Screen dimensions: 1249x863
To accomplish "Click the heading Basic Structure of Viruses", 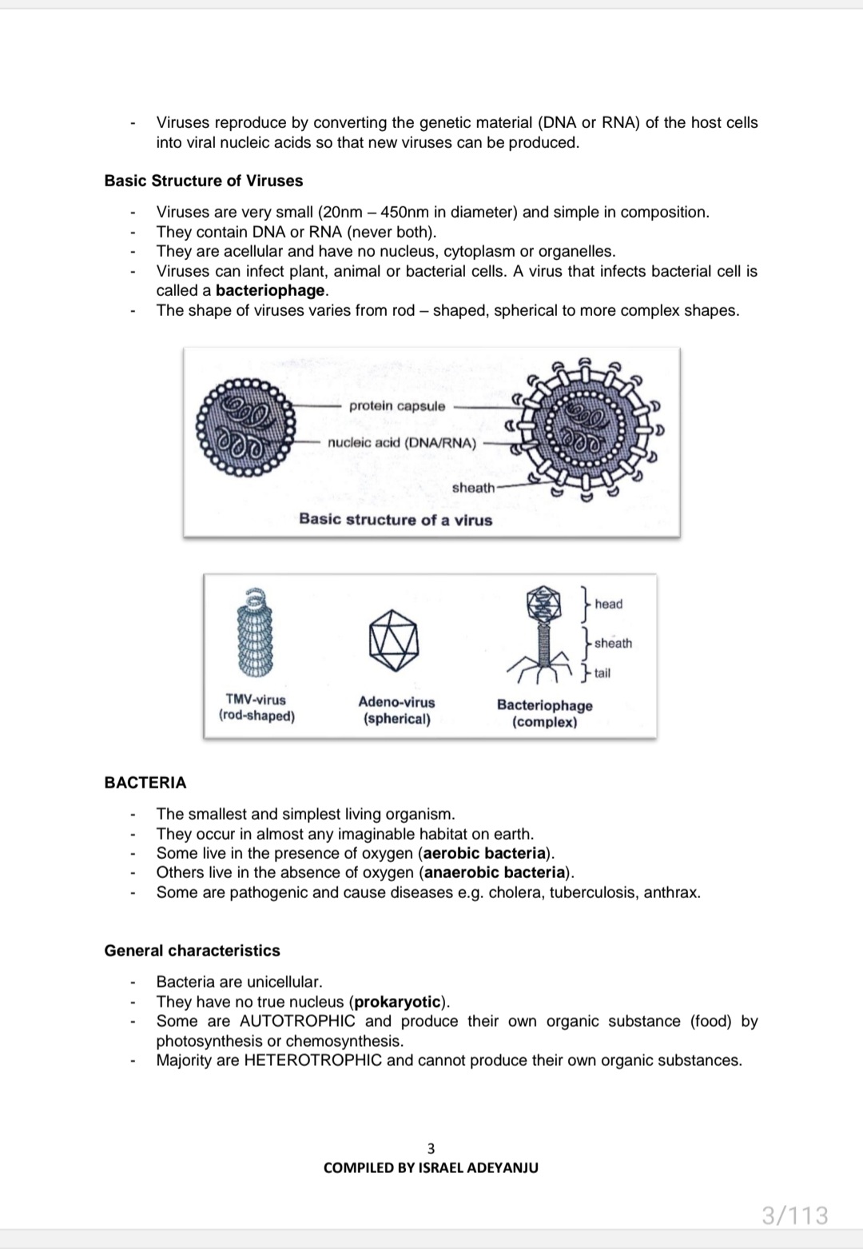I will [204, 181].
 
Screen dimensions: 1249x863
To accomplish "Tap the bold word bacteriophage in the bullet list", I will [270, 290].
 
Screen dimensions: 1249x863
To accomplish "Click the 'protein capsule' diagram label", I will [397, 406].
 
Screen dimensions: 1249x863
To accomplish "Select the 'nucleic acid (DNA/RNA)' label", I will [402, 443].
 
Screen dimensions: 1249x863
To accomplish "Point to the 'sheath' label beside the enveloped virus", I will [473, 488].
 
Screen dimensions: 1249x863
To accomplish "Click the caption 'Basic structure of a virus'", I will [396, 520].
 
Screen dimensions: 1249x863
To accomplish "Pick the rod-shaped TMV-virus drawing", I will [254, 632].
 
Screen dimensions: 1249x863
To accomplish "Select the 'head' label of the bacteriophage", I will [608, 604].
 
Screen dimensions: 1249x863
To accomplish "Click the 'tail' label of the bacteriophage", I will [602, 673].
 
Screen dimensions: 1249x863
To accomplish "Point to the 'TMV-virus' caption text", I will [256, 700].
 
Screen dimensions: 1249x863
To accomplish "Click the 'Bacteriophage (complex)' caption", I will [544, 713].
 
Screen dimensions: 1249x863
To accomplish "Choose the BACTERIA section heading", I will [145, 783].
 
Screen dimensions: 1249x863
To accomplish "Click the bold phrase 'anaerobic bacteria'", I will [495, 872].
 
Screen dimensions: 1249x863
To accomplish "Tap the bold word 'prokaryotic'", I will [398, 1002].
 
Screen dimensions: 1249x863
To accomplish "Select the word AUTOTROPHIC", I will [297, 1021].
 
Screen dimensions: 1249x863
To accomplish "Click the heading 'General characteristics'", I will [192, 951].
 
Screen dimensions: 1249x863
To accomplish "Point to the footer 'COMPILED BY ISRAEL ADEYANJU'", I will [431, 1167].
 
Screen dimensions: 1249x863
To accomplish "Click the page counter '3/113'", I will [794, 1215].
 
